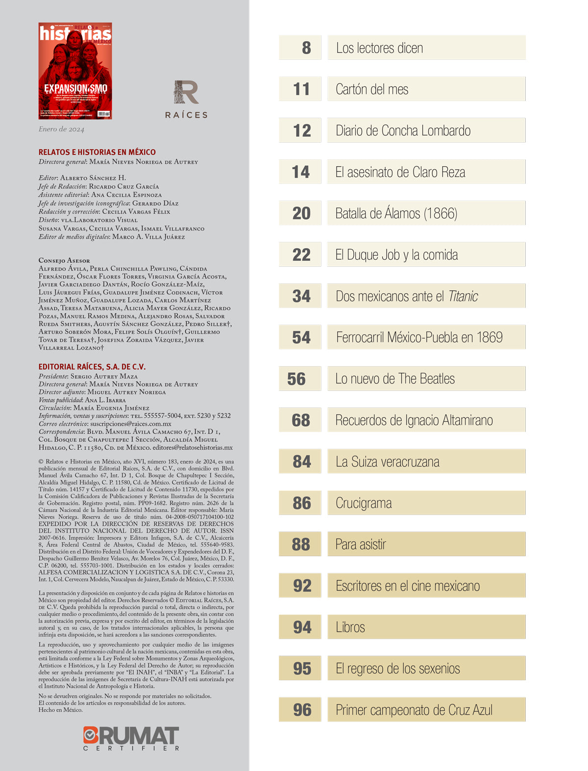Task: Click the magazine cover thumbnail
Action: point(75,71)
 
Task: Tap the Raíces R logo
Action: point(186,93)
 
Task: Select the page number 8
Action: point(306,48)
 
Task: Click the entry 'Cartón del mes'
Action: point(372,89)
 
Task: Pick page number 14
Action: point(301,172)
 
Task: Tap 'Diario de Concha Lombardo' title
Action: point(403,131)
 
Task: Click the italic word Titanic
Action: point(463,296)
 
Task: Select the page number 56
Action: point(296,379)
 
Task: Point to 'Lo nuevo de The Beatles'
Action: point(395,379)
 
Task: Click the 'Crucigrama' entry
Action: point(364,503)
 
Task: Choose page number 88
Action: point(301,544)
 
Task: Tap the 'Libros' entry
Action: point(350,627)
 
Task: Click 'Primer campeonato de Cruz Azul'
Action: point(414,710)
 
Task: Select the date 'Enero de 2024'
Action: point(61,129)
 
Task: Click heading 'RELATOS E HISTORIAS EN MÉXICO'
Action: point(97,152)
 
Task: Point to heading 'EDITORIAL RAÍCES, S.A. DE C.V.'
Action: point(92,366)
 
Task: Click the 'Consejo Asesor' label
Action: point(64,260)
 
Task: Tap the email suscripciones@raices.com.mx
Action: point(131,424)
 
